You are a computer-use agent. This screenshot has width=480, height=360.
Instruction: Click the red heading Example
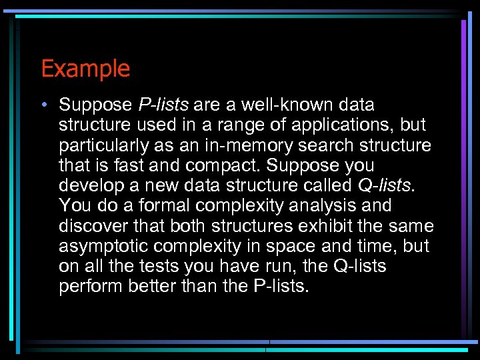coord(85,69)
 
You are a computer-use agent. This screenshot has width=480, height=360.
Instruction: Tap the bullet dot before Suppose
coord(43,105)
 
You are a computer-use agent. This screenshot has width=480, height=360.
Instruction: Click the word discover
coord(90,226)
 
